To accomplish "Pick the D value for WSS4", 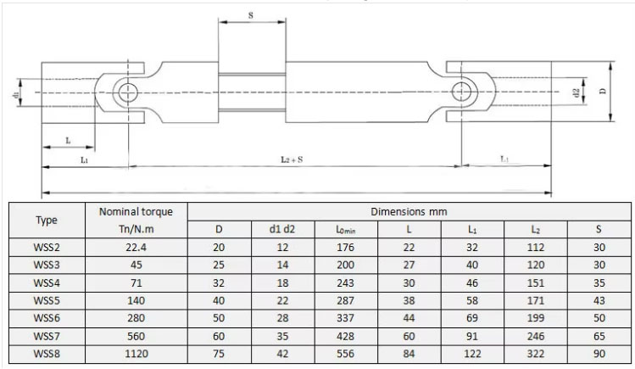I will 219,282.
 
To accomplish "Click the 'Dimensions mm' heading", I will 409,211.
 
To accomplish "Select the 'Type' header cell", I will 47,220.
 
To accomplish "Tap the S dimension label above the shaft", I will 251,15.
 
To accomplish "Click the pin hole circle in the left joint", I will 127,91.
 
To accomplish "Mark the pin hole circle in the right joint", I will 462,91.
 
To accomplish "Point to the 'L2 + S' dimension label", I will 292,159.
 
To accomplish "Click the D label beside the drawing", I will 603,92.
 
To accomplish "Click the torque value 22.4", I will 136,248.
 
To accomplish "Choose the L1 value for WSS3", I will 472,265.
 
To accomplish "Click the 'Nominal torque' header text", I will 136,211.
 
